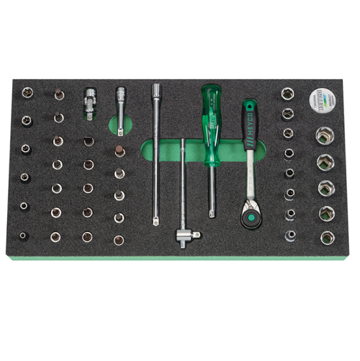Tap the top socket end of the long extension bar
click(156, 91)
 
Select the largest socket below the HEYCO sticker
click(324, 135)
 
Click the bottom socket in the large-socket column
click(327, 236)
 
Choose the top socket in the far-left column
click(27, 93)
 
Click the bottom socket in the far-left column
click(24, 235)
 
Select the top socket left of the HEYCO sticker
click(287, 94)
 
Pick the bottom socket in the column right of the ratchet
click(290, 235)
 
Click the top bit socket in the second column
click(58, 94)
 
